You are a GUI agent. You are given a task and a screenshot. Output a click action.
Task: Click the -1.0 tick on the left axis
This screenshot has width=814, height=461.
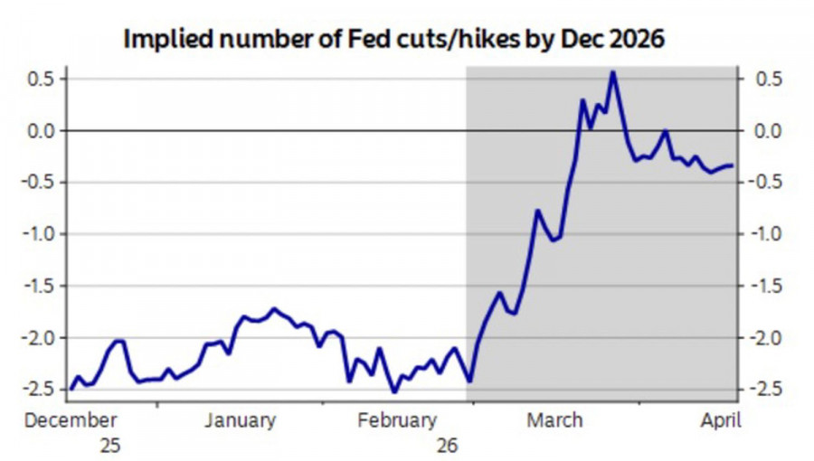(41, 234)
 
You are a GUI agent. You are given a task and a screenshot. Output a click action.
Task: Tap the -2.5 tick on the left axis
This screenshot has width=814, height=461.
(41, 390)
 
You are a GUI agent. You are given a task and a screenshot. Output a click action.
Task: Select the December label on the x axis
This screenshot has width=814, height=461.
(71, 420)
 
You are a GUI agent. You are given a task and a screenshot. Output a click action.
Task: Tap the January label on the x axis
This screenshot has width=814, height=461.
(240, 420)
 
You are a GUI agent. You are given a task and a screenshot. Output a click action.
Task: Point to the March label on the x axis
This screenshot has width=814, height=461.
(555, 420)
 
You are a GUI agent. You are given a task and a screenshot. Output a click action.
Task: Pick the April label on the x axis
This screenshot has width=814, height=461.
(721, 420)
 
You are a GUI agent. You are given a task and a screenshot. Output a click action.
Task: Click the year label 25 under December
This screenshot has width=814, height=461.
(109, 445)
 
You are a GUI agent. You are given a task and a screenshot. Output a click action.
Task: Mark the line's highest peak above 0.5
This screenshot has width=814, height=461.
(612, 72)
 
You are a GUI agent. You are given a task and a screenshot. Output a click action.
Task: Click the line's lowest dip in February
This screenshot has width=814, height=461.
(394, 391)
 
